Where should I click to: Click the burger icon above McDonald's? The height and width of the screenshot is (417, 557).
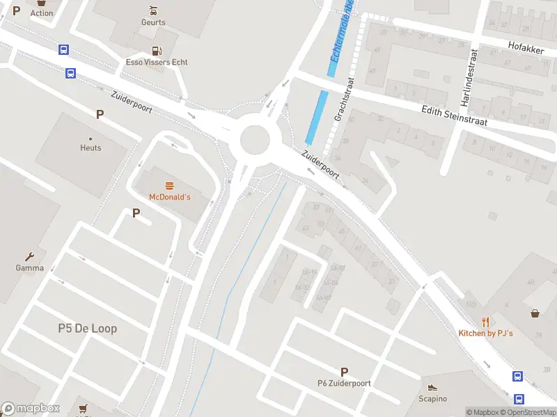[169, 186]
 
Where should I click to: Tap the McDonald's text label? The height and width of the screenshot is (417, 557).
[169, 197]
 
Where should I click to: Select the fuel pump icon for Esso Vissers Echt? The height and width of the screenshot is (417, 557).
[157, 51]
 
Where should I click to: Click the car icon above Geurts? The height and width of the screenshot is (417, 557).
[153, 11]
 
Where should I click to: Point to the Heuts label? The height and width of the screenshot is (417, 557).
[91, 147]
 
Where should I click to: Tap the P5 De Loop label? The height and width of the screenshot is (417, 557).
[87, 328]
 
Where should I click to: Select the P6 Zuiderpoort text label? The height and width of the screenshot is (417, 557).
[344, 383]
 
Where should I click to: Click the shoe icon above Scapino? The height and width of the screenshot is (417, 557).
[432, 387]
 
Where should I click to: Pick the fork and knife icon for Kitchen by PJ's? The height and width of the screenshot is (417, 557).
[485, 322]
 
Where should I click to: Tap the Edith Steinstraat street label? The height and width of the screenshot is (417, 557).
[455, 115]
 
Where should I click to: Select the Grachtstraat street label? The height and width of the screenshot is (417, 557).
[344, 99]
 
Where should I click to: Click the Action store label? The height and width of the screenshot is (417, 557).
[42, 13]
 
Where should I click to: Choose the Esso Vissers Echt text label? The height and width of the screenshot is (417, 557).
[157, 62]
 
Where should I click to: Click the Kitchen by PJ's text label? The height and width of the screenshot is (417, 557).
[485, 334]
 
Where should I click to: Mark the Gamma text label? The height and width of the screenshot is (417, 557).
[30, 268]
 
